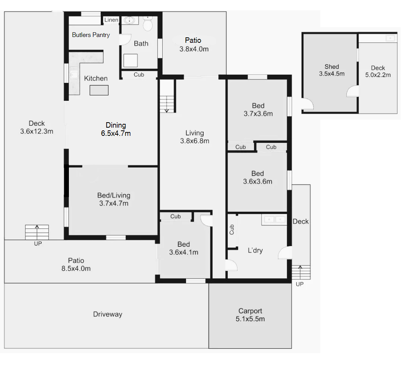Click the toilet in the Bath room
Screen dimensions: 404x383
(148, 24)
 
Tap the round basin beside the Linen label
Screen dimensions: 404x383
(130, 20)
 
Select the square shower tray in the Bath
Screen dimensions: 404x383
(130, 61)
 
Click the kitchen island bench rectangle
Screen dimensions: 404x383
(99, 90)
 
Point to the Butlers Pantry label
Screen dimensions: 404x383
(91, 35)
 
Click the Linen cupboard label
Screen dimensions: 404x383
(111, 20)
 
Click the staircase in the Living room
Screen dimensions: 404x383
(167, 96)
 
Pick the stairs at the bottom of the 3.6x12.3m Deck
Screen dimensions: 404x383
(37, 232)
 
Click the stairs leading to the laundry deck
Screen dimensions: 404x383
(301, 272)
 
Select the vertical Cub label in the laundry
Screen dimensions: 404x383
(232, 229)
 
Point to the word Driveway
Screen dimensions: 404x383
(108, 314)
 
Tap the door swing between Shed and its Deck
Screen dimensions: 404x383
(353, 91)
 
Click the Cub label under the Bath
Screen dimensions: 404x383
(139, 75)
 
